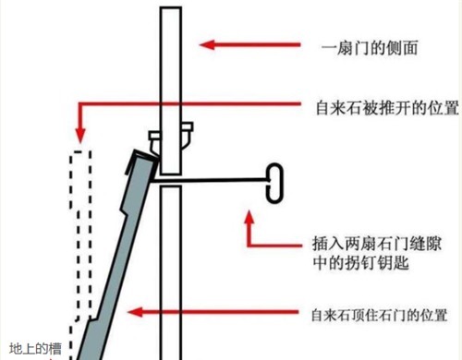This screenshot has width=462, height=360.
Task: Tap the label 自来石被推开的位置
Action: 382,106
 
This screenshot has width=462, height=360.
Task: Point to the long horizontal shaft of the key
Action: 222,177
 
